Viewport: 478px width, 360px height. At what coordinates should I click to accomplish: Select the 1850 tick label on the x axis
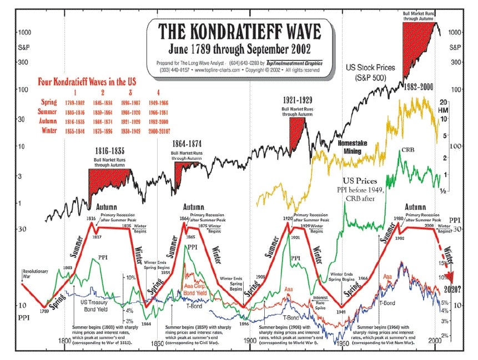point(158,344)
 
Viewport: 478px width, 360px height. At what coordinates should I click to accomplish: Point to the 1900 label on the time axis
point(251,344)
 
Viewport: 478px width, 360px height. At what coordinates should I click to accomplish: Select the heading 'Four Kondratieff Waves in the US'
point(89,80)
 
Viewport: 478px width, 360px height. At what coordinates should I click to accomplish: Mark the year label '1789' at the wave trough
point(46,311)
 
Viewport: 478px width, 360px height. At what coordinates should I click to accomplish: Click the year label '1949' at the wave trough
point(342,311)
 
